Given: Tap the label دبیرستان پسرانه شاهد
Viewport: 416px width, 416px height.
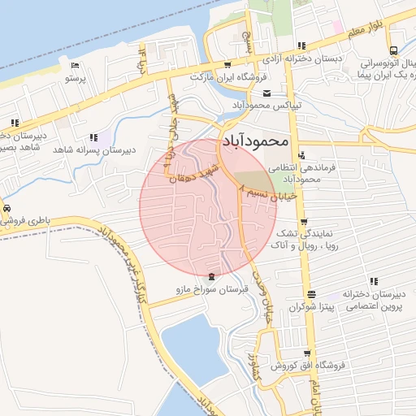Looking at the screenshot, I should click(x=93, y=150).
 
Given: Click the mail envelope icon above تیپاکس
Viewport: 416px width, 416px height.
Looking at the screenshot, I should click(x=266, y=93).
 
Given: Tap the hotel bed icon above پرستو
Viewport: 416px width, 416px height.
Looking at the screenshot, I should click(x=75, y=66).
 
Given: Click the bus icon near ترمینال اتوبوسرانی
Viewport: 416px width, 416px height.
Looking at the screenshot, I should click(x=393, y=50).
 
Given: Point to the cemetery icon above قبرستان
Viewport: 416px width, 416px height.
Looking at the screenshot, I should click(x=212, y=276).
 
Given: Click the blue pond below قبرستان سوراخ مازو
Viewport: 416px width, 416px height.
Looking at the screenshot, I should click(x=194, y=349).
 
